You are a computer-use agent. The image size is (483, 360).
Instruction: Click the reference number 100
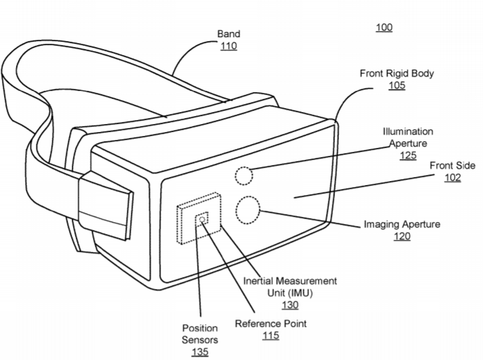pos(383,28)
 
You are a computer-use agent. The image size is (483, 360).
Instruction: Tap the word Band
pos(228,34)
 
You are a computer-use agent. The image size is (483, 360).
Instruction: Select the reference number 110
pos(228,46)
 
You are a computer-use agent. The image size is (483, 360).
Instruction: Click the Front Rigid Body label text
pos(397,74)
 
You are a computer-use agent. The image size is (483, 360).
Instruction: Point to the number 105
pos(397,86)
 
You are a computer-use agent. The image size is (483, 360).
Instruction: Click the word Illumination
pos(408,132)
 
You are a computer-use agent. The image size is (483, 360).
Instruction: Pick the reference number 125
pos(408,155)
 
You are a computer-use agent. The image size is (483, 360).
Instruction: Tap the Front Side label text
pos(452,166)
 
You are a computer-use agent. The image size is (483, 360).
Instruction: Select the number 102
pos(452,178)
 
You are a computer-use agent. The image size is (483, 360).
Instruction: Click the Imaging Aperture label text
pos(402,224)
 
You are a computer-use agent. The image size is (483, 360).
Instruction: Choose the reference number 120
pos(402,236)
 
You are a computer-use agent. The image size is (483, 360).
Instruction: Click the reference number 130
pos(290,305)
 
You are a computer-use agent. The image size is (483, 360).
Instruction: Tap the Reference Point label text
pos(271,324)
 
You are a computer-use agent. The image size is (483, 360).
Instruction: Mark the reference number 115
pos(271,335)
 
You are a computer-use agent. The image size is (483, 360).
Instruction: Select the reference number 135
pos(200,351)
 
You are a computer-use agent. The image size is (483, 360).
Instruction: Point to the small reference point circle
pos(202,219)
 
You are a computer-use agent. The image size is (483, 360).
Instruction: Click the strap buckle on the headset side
pos(106,206)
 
